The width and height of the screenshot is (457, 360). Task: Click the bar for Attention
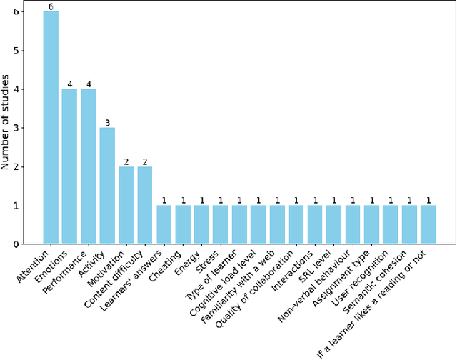[51, 128]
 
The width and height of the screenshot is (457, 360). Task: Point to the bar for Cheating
[183, 225]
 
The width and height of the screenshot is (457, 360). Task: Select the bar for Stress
[221, 225]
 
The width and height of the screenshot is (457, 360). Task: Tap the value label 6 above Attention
[51, 7]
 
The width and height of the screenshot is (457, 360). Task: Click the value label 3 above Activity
[107, 123]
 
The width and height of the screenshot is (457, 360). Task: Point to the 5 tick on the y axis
[24, 51]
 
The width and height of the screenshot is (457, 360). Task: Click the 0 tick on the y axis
[24, 244]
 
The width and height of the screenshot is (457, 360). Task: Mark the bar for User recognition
[390, 225]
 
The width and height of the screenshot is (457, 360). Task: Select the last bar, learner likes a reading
[428, 225]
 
